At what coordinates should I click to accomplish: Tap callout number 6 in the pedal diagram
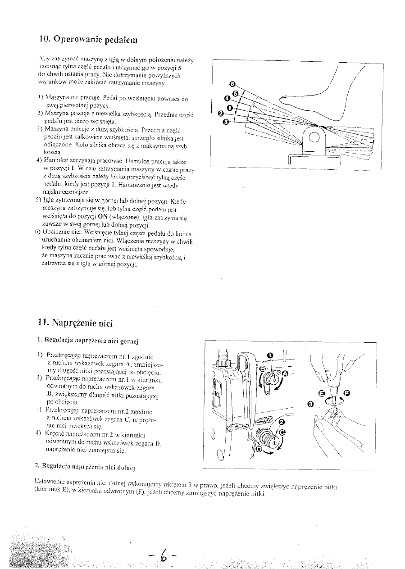pyautogui.click(x=232, y=84)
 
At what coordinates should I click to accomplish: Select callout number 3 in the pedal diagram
pyautogui.click(x=226, y=122)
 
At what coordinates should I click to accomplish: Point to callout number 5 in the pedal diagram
pyautogui.click(x=235, y=93)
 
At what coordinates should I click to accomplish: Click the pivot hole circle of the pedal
pyautogui.click(x=314, y=137)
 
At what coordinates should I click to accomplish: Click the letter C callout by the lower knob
pyautogui.click(x=282, y=432)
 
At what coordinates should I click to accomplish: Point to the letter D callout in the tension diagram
pyautogui.click(x=259, y=449)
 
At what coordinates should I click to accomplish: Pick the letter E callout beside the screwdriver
pyautogui.click(x=321, y=393)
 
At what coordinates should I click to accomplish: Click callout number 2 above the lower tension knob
pyautogui.click(x=282, y=422)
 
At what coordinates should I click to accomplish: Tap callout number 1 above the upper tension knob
pyautogui.click(x=270, y=355)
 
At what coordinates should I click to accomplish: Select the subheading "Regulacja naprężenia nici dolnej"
pyautogui.click(x=85, y=464)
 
